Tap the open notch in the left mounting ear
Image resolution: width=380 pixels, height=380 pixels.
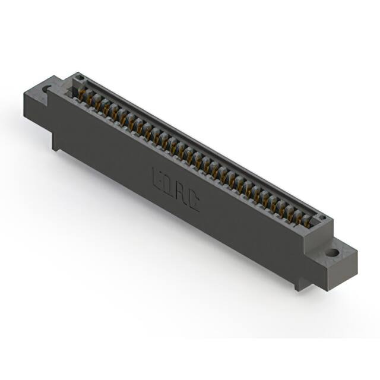coord(46,90)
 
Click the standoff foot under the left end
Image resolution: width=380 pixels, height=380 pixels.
coord(56,142)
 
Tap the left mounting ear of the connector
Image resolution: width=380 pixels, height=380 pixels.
coord(37,101)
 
